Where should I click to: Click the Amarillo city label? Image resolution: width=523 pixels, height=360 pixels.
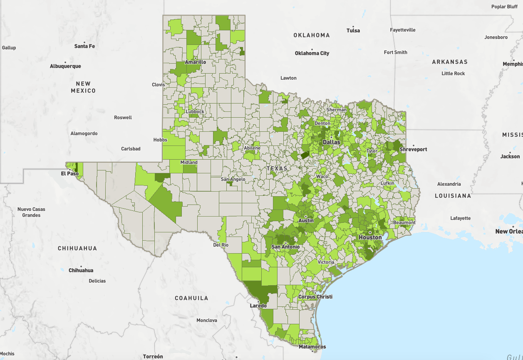click(x=196, y=62)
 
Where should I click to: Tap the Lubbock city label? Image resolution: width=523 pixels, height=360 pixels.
click(x=195, y=111)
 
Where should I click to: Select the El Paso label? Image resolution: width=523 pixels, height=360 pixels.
click(x=69, y=173)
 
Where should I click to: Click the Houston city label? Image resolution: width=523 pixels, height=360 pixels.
click(x=370, y=237)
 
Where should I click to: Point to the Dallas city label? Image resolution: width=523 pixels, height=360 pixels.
click(x=331, y=142)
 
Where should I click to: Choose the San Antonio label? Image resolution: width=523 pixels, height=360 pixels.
click(x=285, y=247)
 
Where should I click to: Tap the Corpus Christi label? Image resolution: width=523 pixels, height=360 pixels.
click(x=315, y=297)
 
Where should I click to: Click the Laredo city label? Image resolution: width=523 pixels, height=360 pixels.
click(x=258, y=306)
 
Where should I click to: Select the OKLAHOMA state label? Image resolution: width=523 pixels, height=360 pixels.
click(x=312, y=35)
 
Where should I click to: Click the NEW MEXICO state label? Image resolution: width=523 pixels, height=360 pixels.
click(x=83, y=87)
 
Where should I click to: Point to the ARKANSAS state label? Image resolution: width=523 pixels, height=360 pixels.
click(x=450, y=62)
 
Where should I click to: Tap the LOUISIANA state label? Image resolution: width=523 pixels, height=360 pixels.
click(x=453, y=195)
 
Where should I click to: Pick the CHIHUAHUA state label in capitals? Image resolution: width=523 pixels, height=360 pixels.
click(x=77, y=248)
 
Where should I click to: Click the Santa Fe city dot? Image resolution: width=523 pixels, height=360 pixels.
click(x=85, y=42)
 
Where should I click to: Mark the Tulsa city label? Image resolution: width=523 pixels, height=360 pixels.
click(x=353, y=30)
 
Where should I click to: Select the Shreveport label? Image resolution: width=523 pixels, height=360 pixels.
click(x=413, y=149)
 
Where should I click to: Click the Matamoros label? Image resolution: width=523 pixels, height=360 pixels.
click(x=312, y=347)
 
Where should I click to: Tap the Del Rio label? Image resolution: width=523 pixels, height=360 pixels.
click(x=221, y=245)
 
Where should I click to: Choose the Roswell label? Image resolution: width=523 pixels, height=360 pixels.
click(x=123, y=118)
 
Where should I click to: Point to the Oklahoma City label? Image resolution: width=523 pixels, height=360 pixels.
click(x=312, y=53)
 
